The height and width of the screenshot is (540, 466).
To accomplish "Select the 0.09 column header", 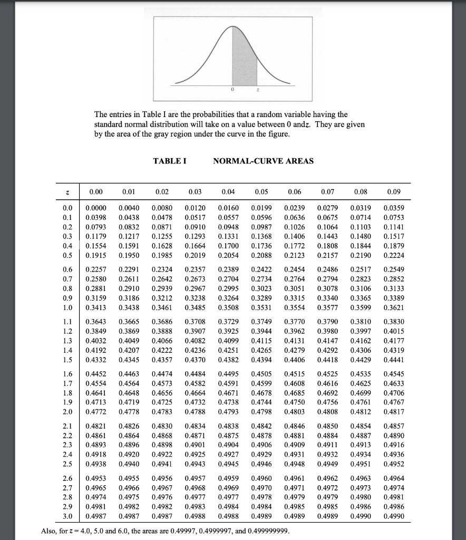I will (x=394, y=192).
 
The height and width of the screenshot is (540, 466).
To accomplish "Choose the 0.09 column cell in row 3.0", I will (x=394, y=516).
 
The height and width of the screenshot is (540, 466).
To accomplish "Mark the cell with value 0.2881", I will (x=95, y=289).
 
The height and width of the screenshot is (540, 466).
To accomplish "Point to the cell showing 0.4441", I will (x=394, y=345).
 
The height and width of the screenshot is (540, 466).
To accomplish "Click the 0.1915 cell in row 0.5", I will (x=95, y=256).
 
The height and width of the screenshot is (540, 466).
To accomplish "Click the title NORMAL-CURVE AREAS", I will (x=263, y=161).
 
